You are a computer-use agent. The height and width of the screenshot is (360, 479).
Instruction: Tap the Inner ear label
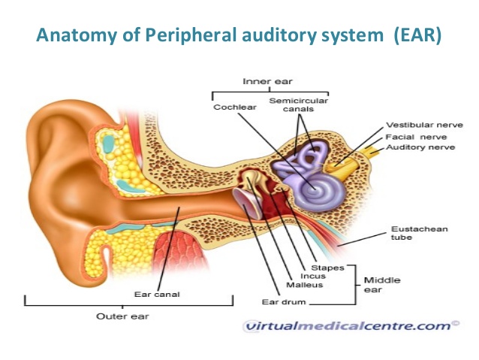click(x=267, y=81)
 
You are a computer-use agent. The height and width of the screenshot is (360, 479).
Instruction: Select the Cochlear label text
click(x=234, y=107)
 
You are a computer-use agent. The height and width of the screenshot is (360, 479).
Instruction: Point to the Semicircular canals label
click(x=298, y=104)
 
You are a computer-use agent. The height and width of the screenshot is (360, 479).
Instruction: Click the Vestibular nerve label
click(x=425, y=125)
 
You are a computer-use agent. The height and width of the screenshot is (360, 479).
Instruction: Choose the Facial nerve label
click(x=416, y=137)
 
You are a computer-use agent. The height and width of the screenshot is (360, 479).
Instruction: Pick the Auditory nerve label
click(x=420, y=147)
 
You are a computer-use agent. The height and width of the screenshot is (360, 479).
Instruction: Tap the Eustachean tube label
click(x=420, y=233)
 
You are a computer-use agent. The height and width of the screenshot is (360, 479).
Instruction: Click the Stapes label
click(x=327, y=268)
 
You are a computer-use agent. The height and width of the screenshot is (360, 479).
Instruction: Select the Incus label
click(x=313, y=276)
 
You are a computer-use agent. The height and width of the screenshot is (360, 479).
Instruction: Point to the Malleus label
click(x=305, y=285)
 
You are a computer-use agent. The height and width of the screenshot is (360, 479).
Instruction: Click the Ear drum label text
click(x=284, y=302)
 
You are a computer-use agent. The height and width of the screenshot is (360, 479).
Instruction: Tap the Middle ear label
click(x=382, y=285)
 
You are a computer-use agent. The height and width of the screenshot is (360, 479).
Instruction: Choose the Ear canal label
click(x=157, y=295)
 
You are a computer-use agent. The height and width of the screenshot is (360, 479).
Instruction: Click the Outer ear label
click(x=122, y=316)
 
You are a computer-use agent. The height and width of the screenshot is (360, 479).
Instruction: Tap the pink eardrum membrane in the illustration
click(x=247, y=203)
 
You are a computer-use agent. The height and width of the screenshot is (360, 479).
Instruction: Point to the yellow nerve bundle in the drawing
click(x=351, y=161)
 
